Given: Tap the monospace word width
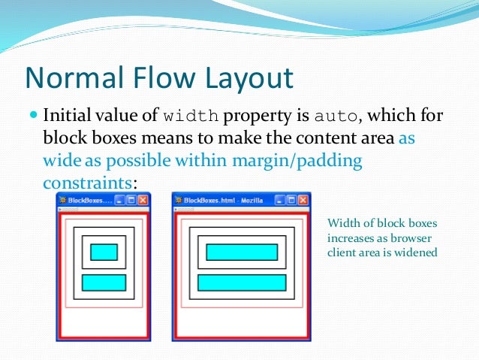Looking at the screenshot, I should click(x=191, y=117).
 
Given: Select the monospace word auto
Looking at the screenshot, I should click(x=336, y=117).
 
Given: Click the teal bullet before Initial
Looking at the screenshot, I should click(x=33, y=117).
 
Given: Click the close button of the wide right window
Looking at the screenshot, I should click(x=303, y=201).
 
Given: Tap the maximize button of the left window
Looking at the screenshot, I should click(x=132, y=201).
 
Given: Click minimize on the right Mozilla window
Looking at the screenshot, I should click(x=279, y=201).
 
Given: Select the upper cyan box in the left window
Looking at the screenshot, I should click(x=104, y=253).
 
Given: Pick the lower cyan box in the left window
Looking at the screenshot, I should click(x=104, y=283).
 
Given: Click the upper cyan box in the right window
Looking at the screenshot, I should click(x=242, y=253).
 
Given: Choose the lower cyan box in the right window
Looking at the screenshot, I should click(x=242, y=283).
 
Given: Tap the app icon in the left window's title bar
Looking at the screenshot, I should click(x=62, y=201).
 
